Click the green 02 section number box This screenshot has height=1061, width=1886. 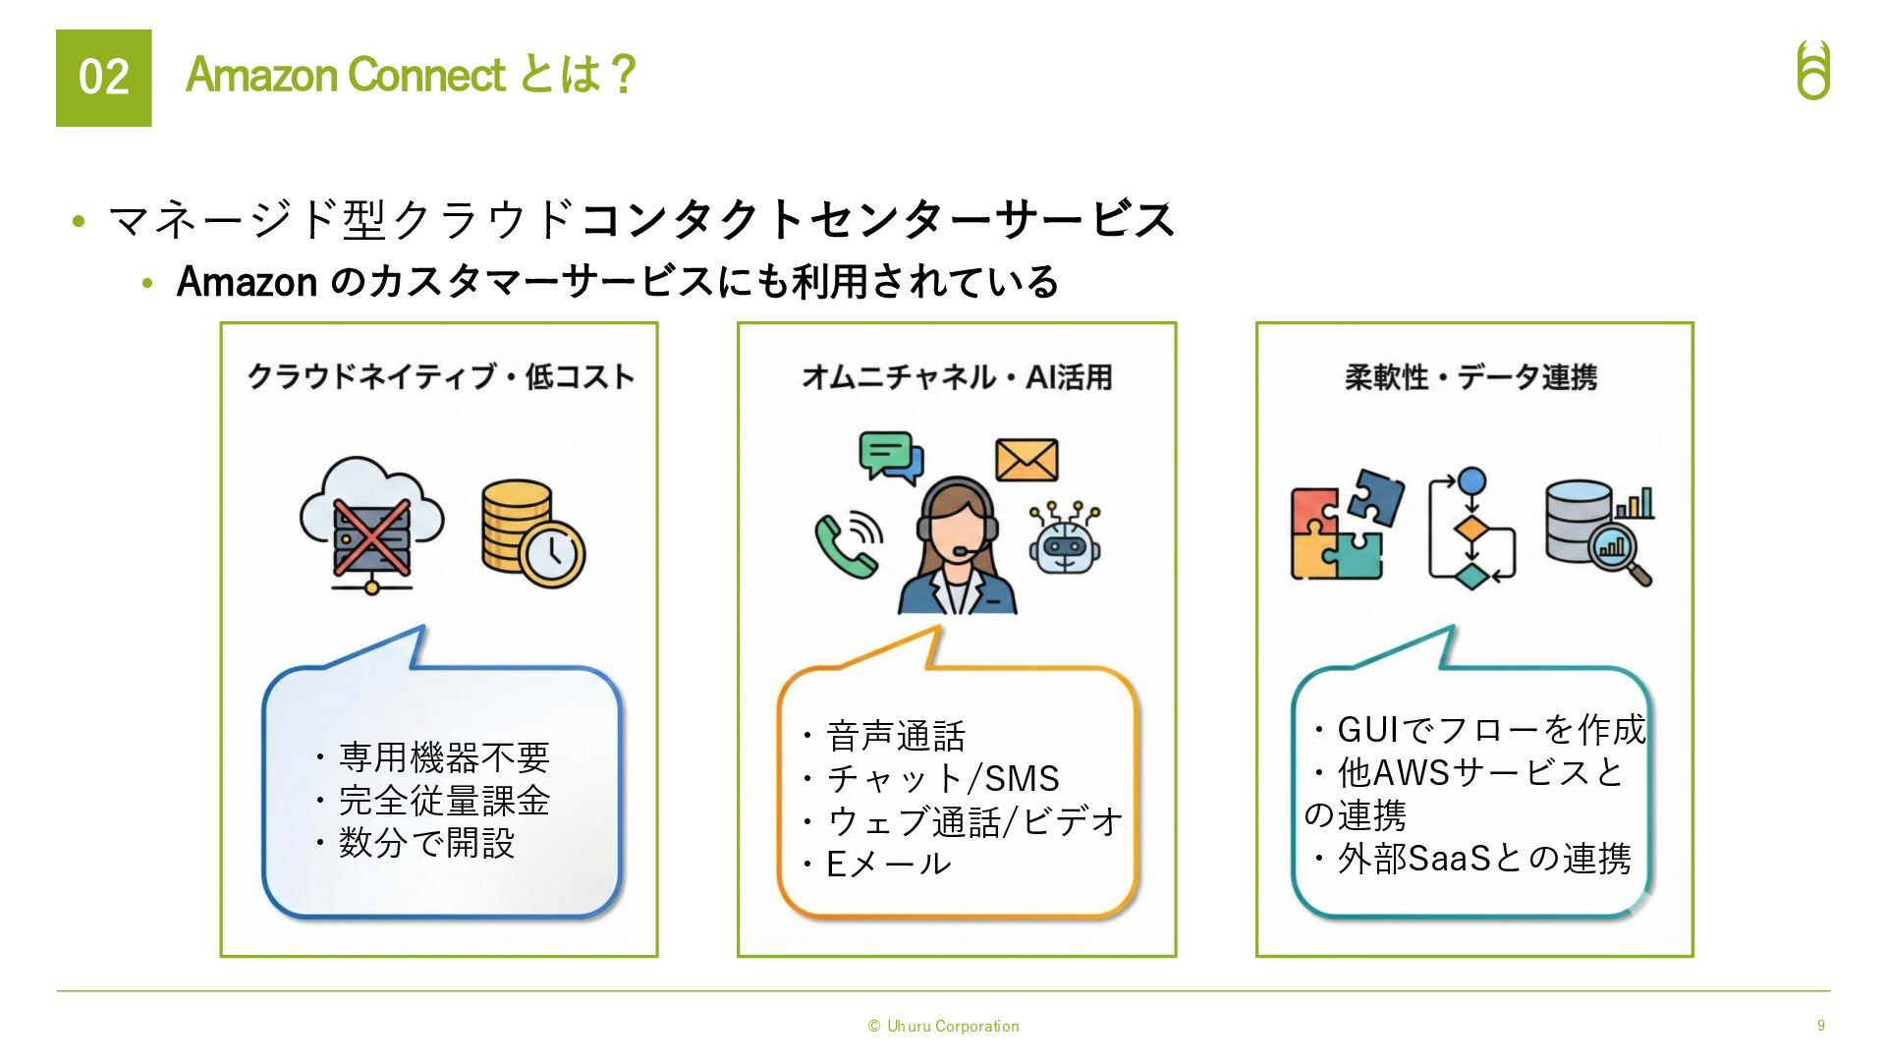103,78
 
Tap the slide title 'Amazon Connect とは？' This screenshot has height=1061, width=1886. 412,75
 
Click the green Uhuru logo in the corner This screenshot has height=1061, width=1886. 1813,71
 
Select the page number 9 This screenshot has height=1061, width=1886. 1820,1025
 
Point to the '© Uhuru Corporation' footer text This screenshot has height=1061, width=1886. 943,1026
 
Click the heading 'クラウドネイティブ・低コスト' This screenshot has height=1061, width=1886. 440,376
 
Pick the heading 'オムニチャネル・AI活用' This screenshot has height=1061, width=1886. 957,376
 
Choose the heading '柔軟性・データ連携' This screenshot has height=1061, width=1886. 1470,376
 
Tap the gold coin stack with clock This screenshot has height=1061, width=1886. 531,532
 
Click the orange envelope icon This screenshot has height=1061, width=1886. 1026,460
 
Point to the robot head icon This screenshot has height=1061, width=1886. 1065,539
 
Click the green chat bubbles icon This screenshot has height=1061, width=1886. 890,457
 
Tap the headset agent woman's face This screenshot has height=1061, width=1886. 956,526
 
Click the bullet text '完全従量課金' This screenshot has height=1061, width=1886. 444,801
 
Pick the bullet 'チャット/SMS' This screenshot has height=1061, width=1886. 942,778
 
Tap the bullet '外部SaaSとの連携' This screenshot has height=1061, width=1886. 1483,859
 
